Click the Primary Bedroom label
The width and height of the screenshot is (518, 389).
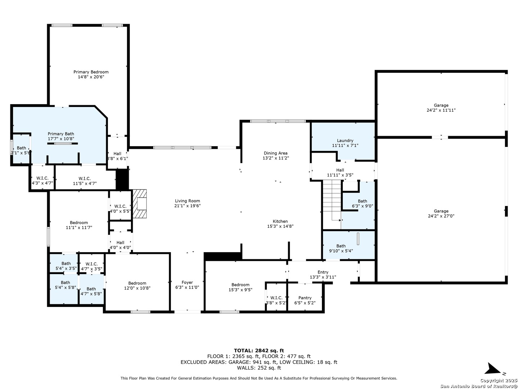(x=91, y=72)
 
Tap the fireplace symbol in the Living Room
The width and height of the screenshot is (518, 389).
(x=139, y=204)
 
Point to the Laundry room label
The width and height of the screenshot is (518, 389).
(x=345, y=140)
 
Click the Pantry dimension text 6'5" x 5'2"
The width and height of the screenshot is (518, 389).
(x=305, y=303)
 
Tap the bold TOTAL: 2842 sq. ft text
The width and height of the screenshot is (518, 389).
(x=259, y=350)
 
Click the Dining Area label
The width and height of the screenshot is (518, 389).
(x=276, y=153)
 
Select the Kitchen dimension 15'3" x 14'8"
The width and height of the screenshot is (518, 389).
(x=280, y=226)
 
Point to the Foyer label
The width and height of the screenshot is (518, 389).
(x=187, y=282)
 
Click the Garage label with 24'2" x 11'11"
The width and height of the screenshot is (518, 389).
(x=441, y=105)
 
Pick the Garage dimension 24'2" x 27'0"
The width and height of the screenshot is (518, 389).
(x=441, y=216)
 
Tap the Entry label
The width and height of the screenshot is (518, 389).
(x=323, y=272)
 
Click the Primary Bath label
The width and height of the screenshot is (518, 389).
(x=61, y=134)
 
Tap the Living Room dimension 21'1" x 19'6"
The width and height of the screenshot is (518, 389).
(x=187, y=205)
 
